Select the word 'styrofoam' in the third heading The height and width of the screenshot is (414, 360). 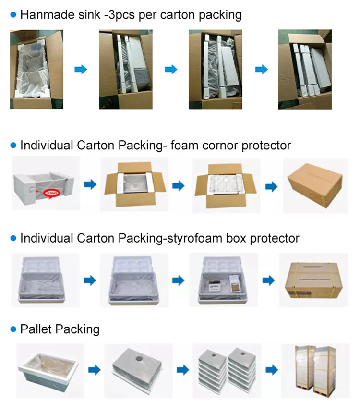(x=228, y=238)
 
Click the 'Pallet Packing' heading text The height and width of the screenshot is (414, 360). (x=60, y=329)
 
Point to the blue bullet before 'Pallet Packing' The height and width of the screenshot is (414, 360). (x=13, y=329)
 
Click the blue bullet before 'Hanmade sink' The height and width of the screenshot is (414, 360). (x=13, y=15)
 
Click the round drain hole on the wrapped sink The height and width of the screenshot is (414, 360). (x=139, y=359)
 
